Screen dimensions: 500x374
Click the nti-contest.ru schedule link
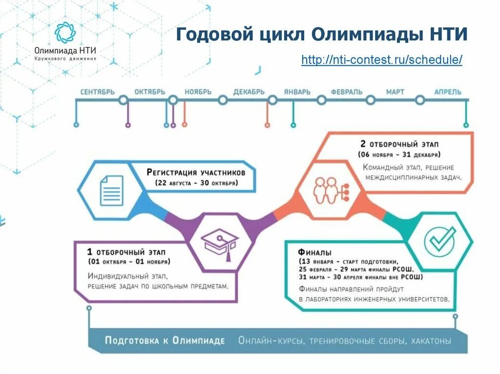381,60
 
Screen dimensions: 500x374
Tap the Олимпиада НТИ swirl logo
65,33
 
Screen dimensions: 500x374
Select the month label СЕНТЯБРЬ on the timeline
97,92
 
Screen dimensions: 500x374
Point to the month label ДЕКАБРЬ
249,92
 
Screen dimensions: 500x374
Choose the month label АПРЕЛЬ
447,92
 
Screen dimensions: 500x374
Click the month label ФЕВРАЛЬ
346,92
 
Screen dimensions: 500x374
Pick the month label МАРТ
396,92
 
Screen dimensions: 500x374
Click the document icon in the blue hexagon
111,191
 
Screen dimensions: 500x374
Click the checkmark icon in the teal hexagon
439,240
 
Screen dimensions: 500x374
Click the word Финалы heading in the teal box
314,252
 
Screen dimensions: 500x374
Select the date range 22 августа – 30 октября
196,183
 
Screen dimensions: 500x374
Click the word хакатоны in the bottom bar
431,341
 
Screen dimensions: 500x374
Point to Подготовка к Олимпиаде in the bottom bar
165,340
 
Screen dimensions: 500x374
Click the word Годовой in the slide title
208,35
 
